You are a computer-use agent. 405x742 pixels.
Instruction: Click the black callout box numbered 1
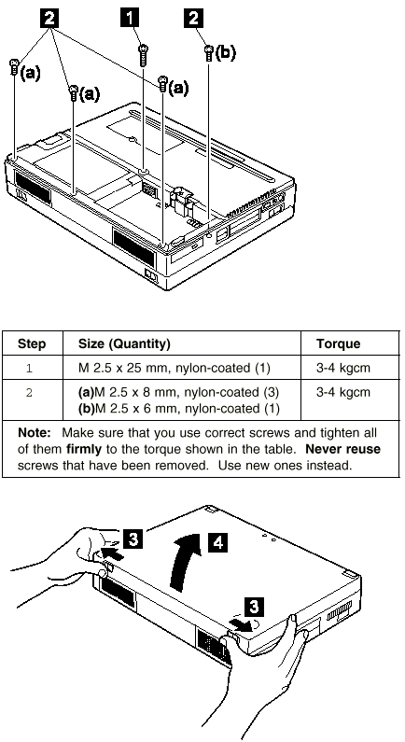130,19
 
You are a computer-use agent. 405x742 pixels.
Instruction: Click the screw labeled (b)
209,53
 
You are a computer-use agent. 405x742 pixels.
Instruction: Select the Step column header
32,343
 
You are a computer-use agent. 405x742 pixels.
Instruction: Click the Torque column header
339,343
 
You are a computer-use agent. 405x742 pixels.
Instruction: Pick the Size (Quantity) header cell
124,344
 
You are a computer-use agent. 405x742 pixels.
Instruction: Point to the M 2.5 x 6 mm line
179,409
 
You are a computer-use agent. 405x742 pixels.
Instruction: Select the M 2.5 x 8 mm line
179,392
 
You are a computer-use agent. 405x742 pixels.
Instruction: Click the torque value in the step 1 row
343,368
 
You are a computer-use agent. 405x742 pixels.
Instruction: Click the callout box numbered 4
217,542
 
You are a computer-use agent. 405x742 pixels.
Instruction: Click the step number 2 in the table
29,393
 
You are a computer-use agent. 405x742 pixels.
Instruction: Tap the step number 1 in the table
29,368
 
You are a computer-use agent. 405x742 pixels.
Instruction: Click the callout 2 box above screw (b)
193,19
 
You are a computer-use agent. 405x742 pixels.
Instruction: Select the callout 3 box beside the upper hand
133,539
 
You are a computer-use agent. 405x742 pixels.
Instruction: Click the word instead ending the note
328,465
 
